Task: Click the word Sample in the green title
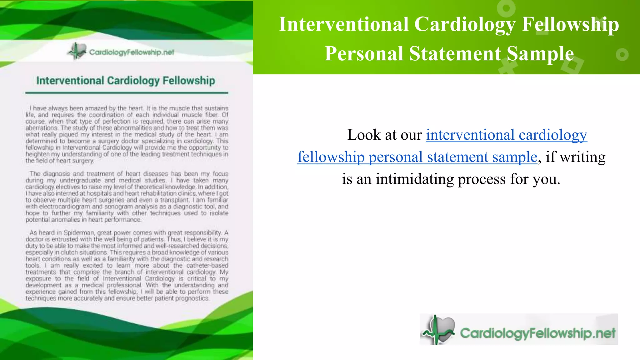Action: click(x=540, y=53)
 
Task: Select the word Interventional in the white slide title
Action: click(x=344, y=24)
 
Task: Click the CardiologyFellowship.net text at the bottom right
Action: click(x=537, y=333)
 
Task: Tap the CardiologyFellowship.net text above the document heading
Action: click(x=132, y=52)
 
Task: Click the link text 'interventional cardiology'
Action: click(x=506, y=135)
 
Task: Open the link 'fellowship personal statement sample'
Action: click(x=417, y=157)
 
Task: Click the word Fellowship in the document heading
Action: click(x=189, y=81)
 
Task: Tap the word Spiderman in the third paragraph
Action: click(x=79, y=232)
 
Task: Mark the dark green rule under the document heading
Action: click(x=127, y=93)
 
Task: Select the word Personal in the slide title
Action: click(x=364, y=53)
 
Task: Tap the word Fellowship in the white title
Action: click(x=570, y=24)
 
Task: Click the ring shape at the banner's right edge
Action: click(x=622, y=55)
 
